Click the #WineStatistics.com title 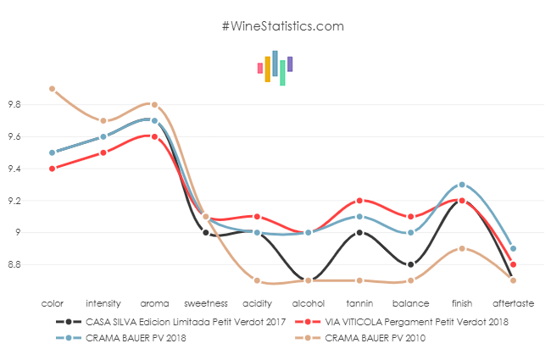click(282, 26)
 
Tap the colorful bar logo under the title click(275, 68)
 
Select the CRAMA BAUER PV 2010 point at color click(52, 89)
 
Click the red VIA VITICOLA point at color click(52, 169)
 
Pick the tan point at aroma click(154, 105)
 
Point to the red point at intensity click(103, 152)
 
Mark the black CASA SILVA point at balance click(411, 264)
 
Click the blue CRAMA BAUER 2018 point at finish click(462, 185)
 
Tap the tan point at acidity click(257, 280)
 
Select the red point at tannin click(359, 201)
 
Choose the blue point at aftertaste click(514, 249)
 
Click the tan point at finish click(462, 248)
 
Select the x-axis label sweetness click(205, 302)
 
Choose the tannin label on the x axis click(359, 302)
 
